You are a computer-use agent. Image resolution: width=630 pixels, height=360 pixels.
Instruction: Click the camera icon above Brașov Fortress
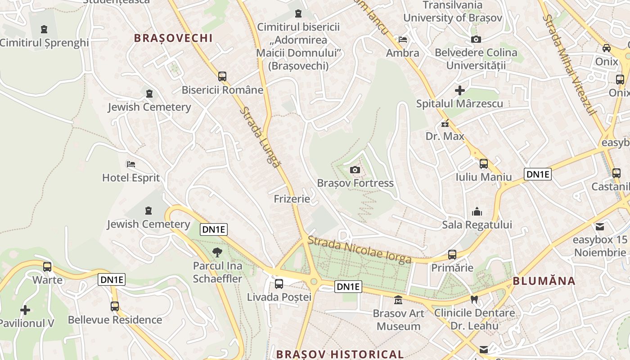[355, 170]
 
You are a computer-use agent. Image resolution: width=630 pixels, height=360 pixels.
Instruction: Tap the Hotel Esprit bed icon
[131, 164]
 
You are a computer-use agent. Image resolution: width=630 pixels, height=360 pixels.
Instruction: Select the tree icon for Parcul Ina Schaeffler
[217, 252]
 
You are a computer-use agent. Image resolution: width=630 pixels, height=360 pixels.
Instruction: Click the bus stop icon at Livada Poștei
[279, 283]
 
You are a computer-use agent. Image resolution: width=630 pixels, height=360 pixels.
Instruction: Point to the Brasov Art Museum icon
[398, 300]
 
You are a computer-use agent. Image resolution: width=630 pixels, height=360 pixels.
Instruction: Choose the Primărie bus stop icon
[452, 254]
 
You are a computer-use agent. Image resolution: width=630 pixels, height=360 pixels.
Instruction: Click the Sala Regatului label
[477, 224]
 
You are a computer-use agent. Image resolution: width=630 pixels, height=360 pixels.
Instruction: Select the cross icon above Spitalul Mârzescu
[459, 90]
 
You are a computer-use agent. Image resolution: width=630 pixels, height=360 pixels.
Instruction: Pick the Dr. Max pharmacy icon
[445, 123]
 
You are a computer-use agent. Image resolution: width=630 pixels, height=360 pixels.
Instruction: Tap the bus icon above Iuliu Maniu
[484, 163]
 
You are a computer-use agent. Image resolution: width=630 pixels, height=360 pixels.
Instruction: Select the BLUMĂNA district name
[544, 281]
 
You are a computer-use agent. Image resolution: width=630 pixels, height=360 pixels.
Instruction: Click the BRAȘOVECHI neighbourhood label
[173, 38]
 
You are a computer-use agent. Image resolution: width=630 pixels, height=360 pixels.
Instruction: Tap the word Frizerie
[292, 198]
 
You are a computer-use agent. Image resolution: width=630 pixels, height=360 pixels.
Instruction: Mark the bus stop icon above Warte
[47, 266]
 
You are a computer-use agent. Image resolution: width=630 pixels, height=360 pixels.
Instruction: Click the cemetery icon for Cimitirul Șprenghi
[44, 30]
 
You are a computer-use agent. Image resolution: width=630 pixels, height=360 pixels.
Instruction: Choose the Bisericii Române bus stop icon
[222, 76]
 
